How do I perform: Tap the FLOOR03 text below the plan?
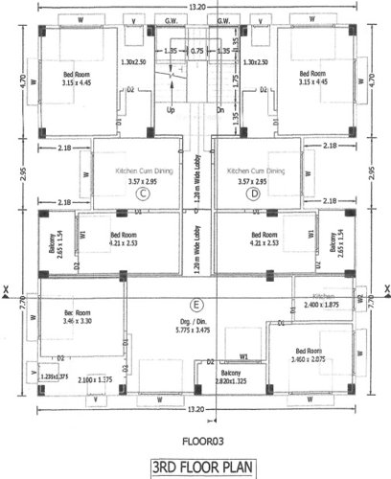tap(195, 444)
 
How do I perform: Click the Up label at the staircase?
tap(172, 109)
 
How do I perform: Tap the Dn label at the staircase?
tap(219, 109)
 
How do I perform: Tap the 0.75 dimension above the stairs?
tap(196, 50)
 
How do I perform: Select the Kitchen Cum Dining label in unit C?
tap(142, 175)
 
